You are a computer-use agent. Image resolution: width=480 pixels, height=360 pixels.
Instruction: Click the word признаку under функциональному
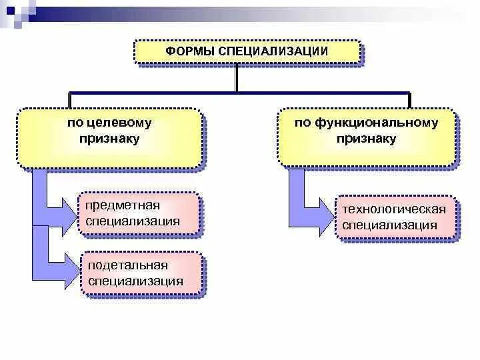click(366, 139)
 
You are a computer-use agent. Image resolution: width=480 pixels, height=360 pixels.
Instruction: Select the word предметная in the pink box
click(123, 205)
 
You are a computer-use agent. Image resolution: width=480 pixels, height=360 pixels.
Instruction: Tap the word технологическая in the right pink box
click(394, 209)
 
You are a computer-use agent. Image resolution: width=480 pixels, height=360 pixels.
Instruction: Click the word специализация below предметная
click(133, 221)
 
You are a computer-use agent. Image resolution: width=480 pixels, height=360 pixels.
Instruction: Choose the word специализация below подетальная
click(135, 281)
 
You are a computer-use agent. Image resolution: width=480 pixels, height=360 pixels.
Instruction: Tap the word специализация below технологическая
click(390, 225)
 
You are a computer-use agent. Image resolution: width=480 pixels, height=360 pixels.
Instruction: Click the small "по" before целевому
click(73, 123)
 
